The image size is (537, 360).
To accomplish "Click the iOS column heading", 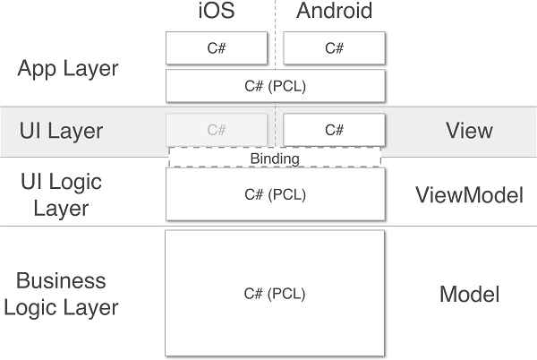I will coord(216,12).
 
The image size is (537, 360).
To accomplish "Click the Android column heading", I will coord(334,12).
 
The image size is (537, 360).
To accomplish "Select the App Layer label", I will coord(67,69).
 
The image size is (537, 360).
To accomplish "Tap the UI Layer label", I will coord(61,131).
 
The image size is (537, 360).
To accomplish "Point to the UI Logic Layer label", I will coord(61,194).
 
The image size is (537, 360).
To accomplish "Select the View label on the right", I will coord(469,131).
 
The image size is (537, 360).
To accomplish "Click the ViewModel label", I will coord(469,194).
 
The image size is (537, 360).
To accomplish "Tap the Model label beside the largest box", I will coord(469,294).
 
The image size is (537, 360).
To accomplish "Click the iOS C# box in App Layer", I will coord(217,48).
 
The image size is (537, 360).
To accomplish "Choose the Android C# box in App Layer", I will coord(334,48).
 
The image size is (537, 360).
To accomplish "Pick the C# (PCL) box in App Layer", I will coord(275,86).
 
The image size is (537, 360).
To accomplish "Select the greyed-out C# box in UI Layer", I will coord(217,130).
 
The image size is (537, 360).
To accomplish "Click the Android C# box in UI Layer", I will coord(334,130).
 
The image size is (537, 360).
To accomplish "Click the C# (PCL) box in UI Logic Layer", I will coord(275,194).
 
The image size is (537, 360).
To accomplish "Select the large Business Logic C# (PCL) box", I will coord(275,293).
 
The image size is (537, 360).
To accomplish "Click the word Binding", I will coord(275,159).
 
